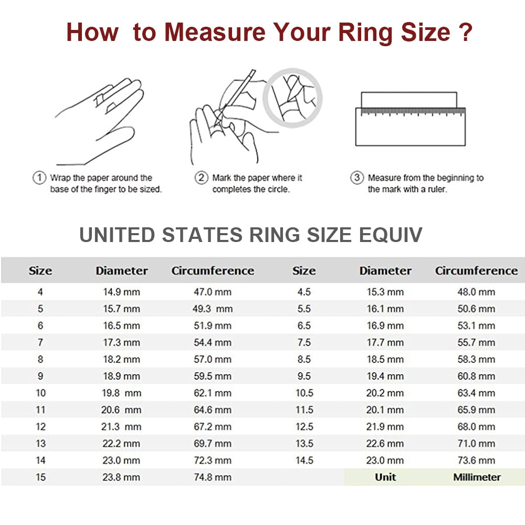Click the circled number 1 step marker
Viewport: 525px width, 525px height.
pos(39,178)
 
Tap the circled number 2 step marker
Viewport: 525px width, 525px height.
pos(202,178)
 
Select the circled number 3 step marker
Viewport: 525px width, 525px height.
pos(357,178)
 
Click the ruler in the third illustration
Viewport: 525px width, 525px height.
pos(410,126)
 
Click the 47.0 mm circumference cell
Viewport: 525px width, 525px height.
pos(212,292)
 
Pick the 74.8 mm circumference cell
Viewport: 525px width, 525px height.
pos(212,477)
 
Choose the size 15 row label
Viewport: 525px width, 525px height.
pos(40,477)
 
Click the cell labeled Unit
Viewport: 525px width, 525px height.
pos(385,477)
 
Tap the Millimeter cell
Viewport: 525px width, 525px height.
pos(477,477)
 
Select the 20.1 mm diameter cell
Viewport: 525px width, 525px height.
pos(385,410)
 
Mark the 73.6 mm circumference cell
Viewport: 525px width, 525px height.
pos(477,460)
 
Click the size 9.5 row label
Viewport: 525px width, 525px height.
pos(304,376)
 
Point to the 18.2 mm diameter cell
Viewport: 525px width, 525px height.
pos(121,360)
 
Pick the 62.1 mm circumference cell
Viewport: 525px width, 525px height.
pos(212,393)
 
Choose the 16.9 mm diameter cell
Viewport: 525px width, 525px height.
pos(385,326)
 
